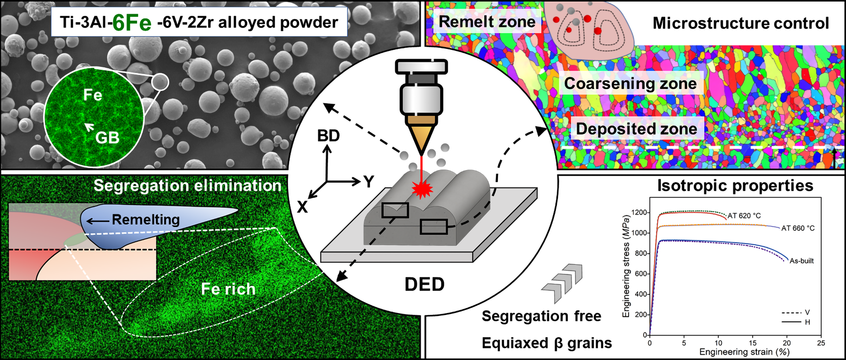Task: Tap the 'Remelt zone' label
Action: [487, 22]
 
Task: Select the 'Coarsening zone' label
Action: [630, 83]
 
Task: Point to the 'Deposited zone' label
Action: [636, 128]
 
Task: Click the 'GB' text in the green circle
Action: [107, 138]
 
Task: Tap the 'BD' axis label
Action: [328, 136]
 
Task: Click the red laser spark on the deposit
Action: [422, 190]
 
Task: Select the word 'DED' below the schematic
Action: [424, 284]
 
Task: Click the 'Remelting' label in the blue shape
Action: [145, 219]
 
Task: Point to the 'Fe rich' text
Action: [228, 289]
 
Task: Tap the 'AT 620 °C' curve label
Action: [744, 216]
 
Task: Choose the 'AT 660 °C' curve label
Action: [798, 228]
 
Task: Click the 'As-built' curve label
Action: [802, 261]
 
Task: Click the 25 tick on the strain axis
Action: [821, 343]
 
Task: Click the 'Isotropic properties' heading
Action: [735, 185]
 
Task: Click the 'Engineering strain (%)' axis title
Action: [744, 352]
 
